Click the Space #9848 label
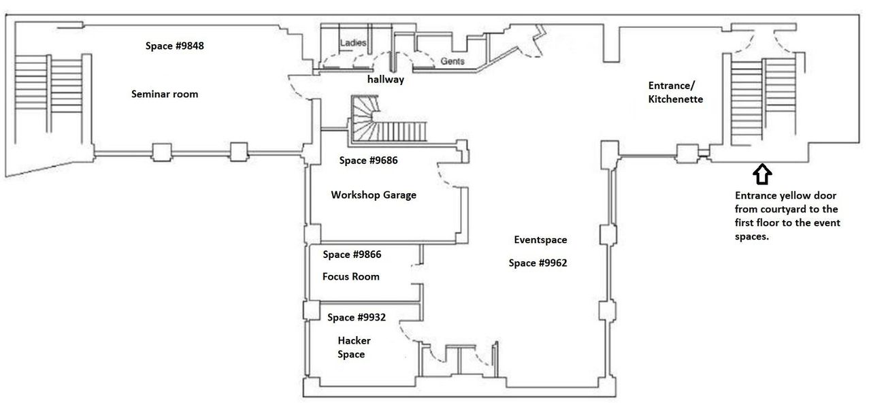(175, 46)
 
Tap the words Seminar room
(165, 94)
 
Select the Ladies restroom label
(353, 43)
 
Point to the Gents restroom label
(453, 61)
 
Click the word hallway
(386, 80)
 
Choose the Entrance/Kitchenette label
(675, 93)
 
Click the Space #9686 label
(368, 161)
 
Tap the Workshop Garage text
(374, 195)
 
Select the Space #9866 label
(352, 255)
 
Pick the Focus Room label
(350, 276)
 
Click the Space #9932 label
(357, 317)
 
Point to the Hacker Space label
(353, 347)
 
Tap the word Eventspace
(540, 240)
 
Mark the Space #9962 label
(538, 263)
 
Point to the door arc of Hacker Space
(408, 333)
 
